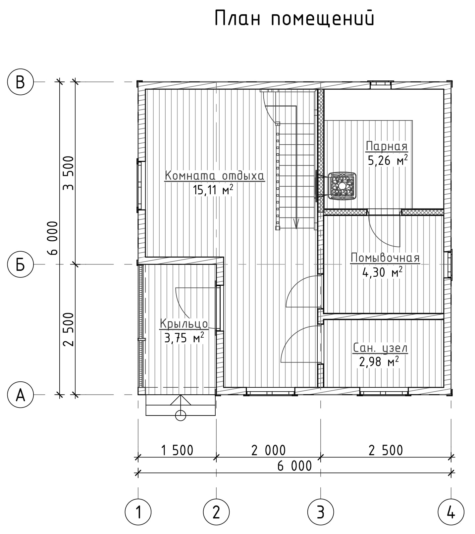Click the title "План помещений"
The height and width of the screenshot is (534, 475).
point(294,19)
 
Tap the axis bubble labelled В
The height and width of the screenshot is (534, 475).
point(21,82)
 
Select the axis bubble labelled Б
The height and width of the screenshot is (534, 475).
point(21,265)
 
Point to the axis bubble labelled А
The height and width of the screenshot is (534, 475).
point(21,394)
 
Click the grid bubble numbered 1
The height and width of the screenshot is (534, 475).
point(138,512)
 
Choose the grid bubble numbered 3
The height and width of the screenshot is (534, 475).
point(320,512)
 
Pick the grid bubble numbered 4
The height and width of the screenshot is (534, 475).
point(451,512)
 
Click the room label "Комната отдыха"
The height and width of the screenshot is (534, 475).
point(215,175)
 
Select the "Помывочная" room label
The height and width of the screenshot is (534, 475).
point(385,258)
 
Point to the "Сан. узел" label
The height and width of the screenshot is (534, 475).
point(380,348)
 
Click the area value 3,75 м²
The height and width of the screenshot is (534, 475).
point(184,338)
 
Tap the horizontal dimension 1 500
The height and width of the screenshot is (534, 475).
point(177,450)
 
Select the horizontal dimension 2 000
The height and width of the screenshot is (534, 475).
point(269,450)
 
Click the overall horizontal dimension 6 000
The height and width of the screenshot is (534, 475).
point(294,466)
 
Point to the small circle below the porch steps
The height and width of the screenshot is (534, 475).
point(181,415)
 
